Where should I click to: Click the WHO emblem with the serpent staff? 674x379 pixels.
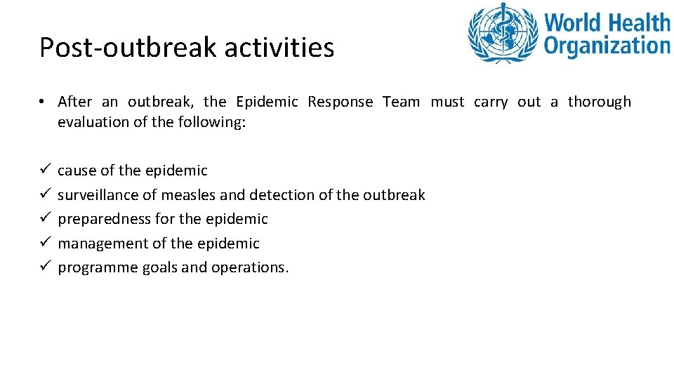click(503, 33)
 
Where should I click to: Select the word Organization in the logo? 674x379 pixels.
click(607, 46)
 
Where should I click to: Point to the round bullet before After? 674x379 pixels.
click(43, 102)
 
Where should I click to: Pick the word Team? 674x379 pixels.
click(401, 102)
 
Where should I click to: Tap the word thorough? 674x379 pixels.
click(599, 102)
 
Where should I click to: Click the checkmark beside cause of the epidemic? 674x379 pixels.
click(44, 171)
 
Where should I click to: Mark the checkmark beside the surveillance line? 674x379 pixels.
click(44, 194)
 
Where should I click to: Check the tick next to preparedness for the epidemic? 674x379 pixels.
click(44, 219)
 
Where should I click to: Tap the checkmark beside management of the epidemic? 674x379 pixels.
click(44, 244)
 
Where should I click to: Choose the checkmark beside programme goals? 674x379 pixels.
click(44, 267)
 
